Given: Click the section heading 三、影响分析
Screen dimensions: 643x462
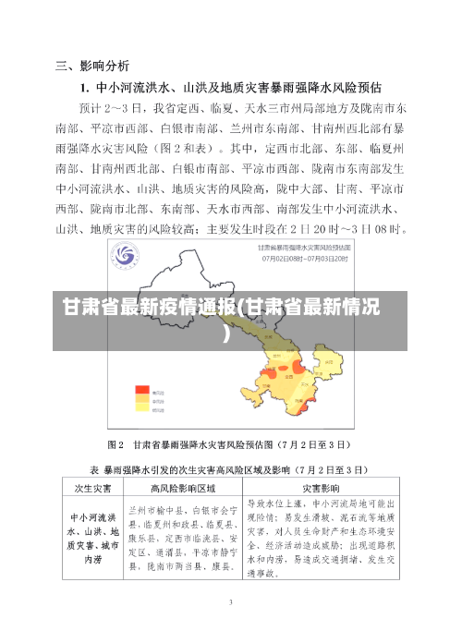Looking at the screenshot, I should pos(92,67).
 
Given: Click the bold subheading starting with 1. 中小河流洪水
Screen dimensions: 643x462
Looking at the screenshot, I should pos(230,89).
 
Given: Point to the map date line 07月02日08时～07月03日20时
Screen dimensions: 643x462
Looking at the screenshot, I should pos(297,259).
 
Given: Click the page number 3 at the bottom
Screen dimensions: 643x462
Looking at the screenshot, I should pos(231,601).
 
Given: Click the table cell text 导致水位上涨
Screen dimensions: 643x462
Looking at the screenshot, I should pos(279,504).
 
